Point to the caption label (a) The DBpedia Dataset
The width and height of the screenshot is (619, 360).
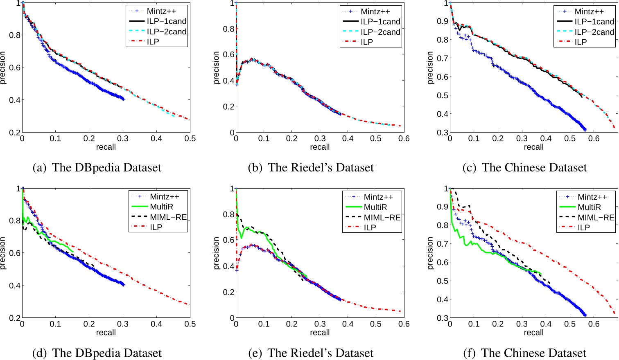click(97, 168)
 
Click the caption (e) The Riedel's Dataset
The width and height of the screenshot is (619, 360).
click(311, 353)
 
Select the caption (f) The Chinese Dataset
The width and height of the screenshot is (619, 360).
click(525, 353)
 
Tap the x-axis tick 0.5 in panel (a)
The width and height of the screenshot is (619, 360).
click(190, 139)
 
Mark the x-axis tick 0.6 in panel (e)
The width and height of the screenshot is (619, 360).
click(404, 324)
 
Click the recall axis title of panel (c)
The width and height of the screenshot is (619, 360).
click(533, 147)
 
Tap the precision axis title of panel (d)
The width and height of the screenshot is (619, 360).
click(4, 253)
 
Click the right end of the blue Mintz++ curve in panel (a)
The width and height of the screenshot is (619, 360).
click(124, 99)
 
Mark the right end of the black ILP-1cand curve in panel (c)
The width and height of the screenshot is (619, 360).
click(582, 97)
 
